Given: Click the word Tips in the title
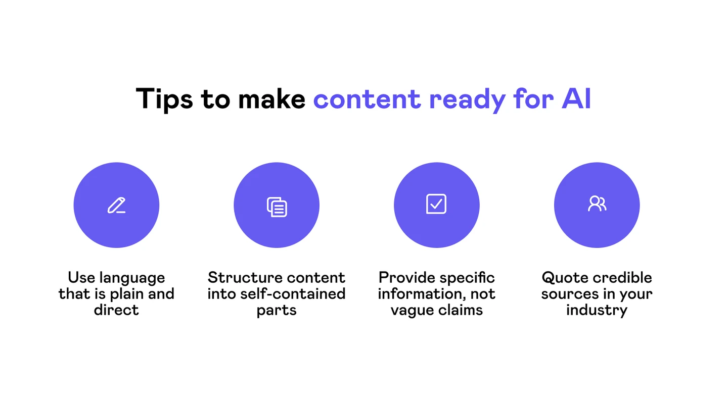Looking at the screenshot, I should [x=164, y=99].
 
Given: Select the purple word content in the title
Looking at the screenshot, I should [x=367, y=99].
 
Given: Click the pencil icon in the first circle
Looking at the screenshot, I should [x=116, y=205].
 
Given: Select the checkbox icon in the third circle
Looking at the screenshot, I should [x=436, y=204].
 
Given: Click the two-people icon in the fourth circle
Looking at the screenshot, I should [x=597, y=204].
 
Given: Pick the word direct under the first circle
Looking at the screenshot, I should [x=116, y=310].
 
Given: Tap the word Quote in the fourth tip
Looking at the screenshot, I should [x=565, y=278].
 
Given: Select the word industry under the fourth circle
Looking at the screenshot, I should [x=597, y=310].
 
